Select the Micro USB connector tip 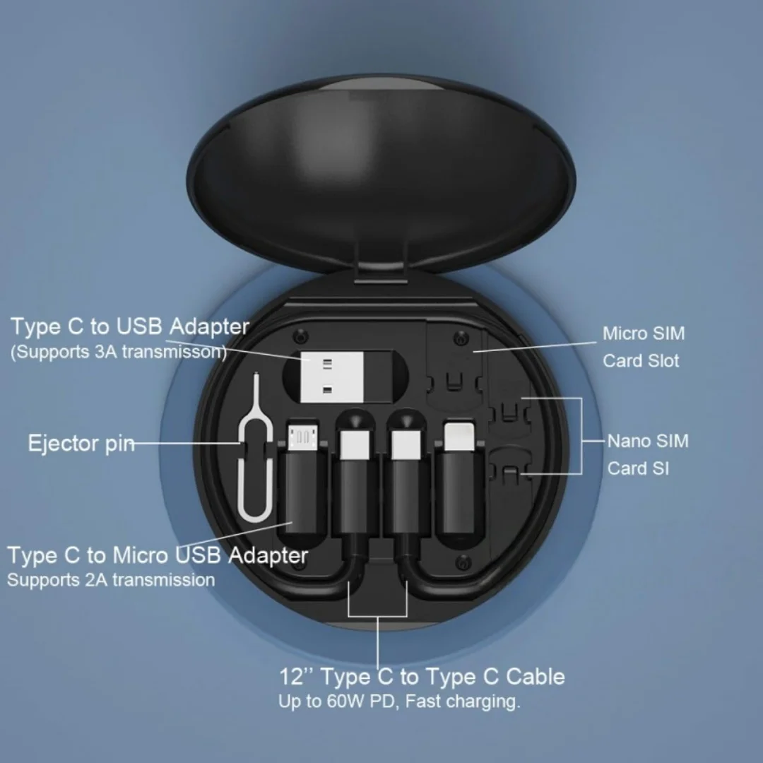tap(302, 437)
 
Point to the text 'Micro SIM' tap(644, 333)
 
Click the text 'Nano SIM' tap(648, 441)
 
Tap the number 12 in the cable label tap(291, 676)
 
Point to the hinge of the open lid tap(381, 275)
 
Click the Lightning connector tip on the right tap(459, 436)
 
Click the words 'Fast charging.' tap(462, 702)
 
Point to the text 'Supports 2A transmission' tap(111, 580)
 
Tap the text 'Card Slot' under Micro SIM tap(640, 360)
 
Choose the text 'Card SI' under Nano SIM tap(638, 468)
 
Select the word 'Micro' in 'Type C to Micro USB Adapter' tap(140, 555)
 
